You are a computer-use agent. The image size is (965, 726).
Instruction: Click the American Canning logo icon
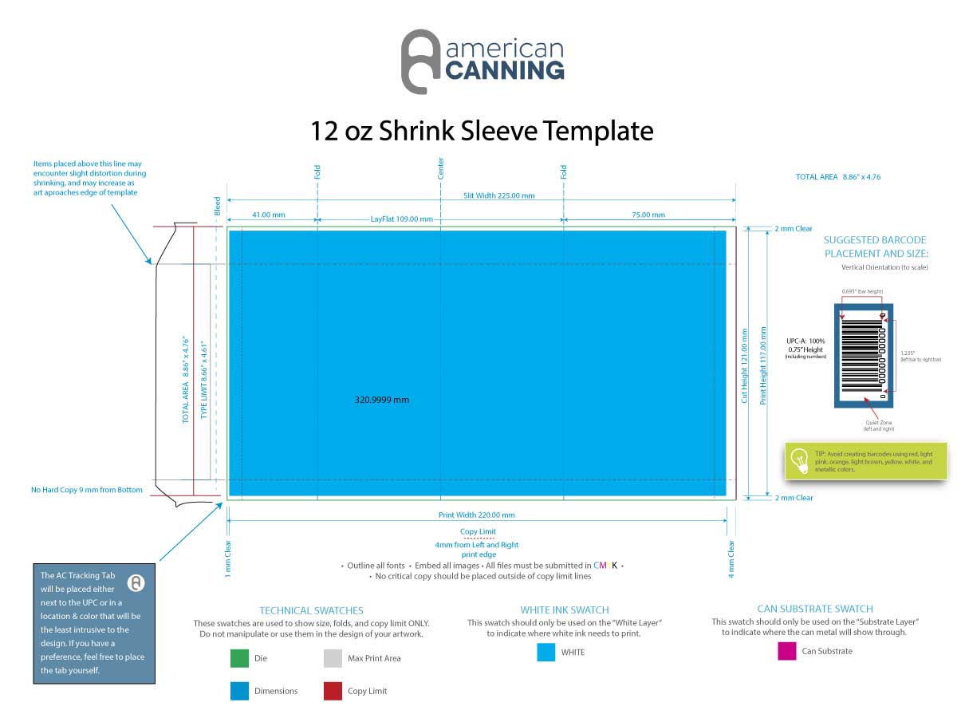[x=420, y=61]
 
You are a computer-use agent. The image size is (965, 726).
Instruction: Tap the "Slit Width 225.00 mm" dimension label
[x=499, y=195]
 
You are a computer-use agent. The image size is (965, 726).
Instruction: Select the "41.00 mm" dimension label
[x=268, y=215]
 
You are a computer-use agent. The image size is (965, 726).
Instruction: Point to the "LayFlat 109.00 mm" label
[x=402, y=219]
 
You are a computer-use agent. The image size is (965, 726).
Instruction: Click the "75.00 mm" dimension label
[x=648, y=215]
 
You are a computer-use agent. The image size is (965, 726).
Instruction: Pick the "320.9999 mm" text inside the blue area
[x=381, y=400]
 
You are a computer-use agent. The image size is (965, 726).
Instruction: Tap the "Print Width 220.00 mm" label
[x=477, y=515]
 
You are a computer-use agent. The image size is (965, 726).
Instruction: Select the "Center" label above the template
[x=440, y=168]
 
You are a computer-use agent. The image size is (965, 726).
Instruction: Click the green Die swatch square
[x=239, y=658]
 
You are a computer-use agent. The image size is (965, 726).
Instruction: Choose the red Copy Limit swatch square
[x=333, y=691]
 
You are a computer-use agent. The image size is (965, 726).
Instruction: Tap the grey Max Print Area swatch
[x=333, y=658]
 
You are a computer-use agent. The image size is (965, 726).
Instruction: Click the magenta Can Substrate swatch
[x=787, y=651]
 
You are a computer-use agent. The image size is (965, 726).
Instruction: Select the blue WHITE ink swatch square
[x=546, y=653]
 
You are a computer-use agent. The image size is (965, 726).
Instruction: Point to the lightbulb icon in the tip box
[x=799, y=460]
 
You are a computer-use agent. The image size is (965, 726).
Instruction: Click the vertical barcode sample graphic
[x=864, y=355]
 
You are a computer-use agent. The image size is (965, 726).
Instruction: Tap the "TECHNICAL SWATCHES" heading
[x=311, y=610]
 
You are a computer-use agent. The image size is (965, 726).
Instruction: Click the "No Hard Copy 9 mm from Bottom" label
[x=87, y=490]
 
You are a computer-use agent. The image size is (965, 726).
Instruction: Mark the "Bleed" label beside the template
[x=217, y=206]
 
